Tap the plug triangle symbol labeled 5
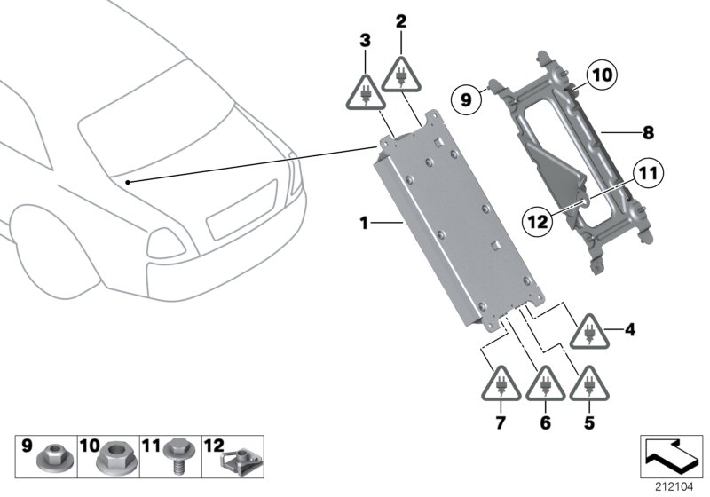(588, 384)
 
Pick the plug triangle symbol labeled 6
(545, 384)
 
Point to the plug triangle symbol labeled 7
(502, 384)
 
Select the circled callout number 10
(600, 77)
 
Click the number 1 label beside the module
(363, 223)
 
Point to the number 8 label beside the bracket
(648, 133)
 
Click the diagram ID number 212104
(676, 485)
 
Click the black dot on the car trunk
(130, 182)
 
